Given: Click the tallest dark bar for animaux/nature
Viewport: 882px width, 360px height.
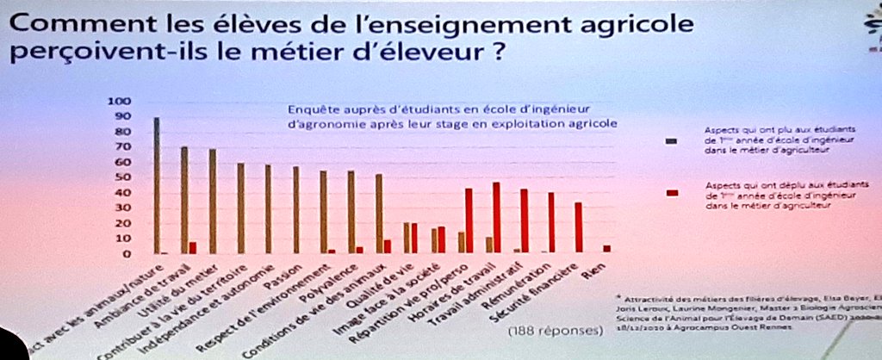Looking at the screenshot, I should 157,185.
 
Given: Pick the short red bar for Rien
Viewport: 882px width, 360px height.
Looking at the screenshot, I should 606,248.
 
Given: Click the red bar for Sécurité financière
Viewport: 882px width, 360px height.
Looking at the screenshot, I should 579,227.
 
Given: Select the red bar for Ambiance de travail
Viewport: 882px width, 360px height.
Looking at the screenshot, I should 193,247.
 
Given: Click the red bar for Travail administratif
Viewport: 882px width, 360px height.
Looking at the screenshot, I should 524,220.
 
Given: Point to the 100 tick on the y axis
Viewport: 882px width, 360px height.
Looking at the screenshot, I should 116,101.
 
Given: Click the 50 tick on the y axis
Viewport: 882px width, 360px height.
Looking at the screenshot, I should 119,177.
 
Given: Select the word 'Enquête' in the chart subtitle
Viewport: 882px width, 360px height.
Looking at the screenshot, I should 312,109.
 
